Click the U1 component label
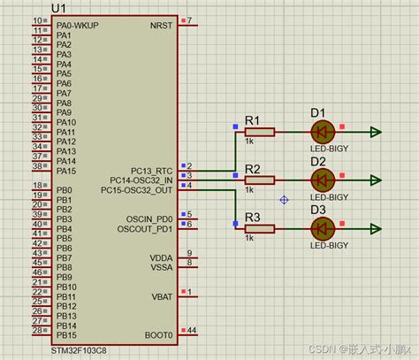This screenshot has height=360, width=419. click(58, 8)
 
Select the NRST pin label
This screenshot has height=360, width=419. click(162, 25)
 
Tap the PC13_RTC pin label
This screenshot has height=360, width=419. click(152, 170)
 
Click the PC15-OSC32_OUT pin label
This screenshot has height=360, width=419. click(138, 189)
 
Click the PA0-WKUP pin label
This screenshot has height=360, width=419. click(77, 25)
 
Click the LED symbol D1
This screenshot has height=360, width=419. click(322, 133)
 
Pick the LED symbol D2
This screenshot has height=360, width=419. click(322, 180)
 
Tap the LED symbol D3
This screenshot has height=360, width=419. click(322, 228)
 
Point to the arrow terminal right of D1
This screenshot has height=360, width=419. click(377, 133)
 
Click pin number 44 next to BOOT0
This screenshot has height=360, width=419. click(192, 330)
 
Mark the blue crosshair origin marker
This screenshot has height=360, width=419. click(284, 200)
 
